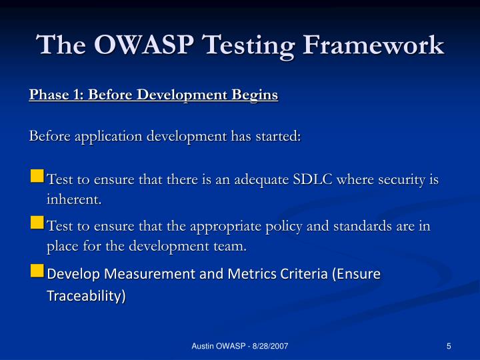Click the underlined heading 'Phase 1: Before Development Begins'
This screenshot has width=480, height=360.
tap(153, 95)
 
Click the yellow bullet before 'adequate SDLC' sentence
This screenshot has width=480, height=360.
tap(37, 177)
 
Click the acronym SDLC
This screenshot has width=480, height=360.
tap(317, 180)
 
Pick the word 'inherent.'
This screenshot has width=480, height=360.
tap(74, 199)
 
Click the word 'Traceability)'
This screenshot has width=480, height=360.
tap(86, 295)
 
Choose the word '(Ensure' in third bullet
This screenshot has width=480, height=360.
tap(356, 274)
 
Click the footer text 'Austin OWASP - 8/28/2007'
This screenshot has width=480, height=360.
tap(240, 345)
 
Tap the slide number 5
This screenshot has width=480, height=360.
tap(449, 345)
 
